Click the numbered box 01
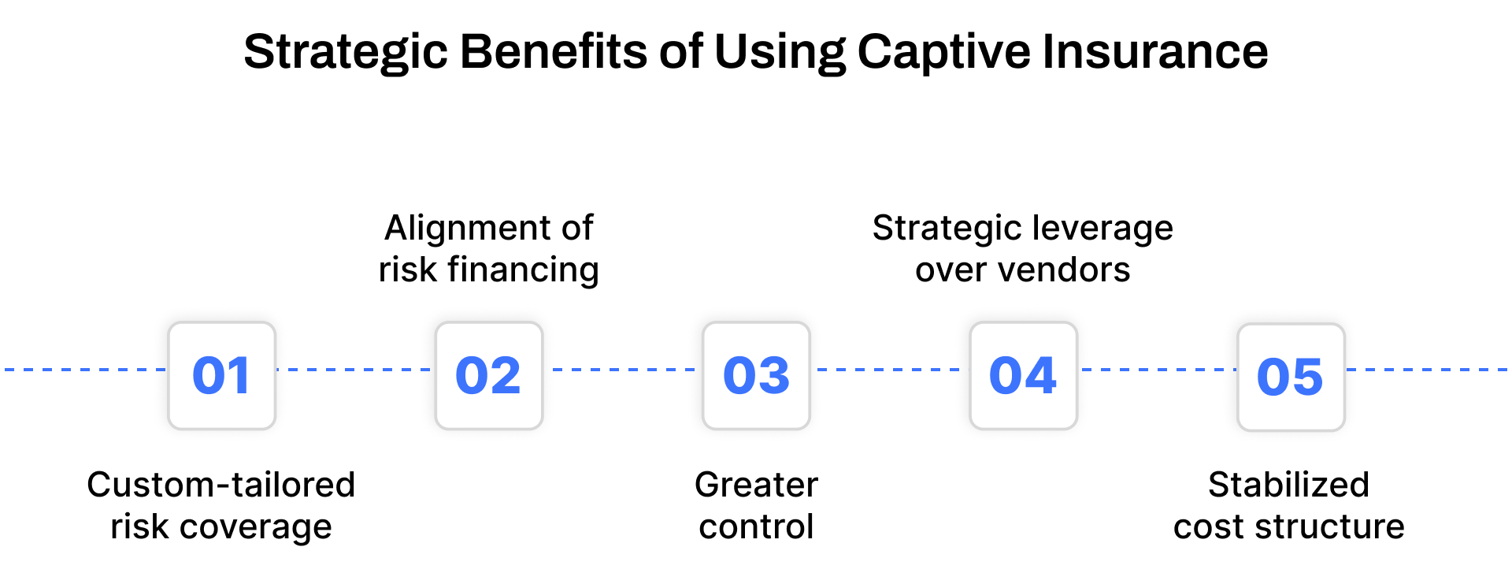pos(222,375)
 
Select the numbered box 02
pos(489,375)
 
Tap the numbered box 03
pos(756,375)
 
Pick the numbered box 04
pos(1023,375)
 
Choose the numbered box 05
pos(1291,377)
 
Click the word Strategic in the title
pos(346,52)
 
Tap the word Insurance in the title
pos(1155,52)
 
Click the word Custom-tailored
pos(221,485)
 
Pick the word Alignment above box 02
pos(460,229)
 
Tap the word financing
pos(523,270)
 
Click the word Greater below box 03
pos(756,485)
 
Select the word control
pos(756,526)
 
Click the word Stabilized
pos(1288,485)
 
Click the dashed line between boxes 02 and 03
pos(623,369)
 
